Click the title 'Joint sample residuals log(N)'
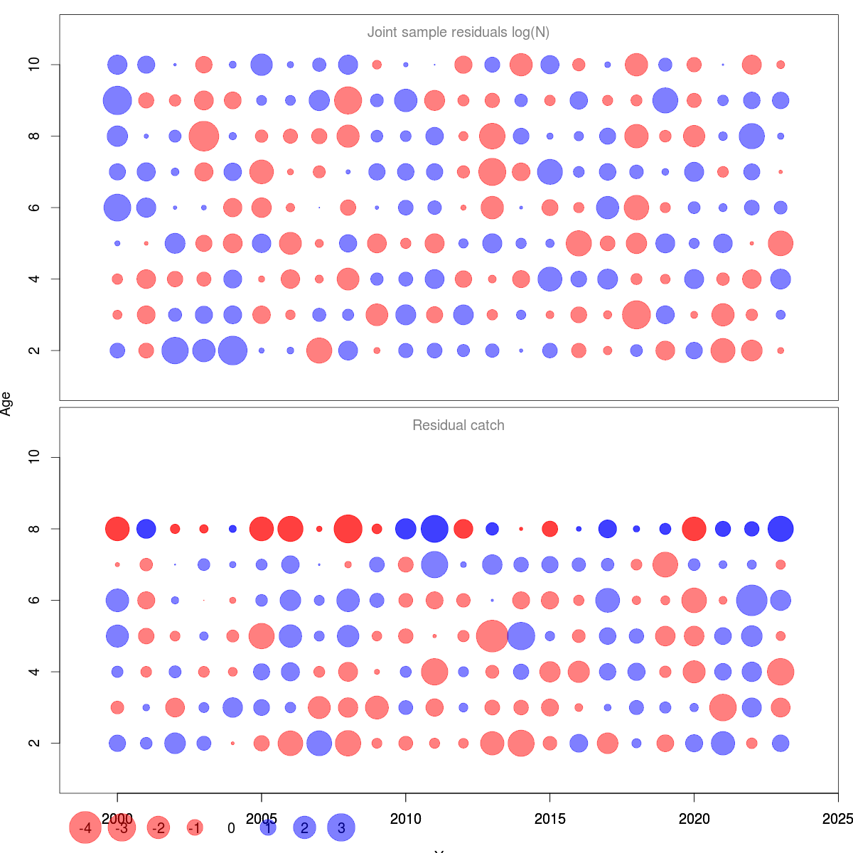coord(458,33)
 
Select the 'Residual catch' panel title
coord(458,426)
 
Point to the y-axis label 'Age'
coord(6,404)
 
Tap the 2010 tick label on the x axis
coord(405,819)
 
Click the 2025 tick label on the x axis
coord(837,819)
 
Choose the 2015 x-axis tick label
coord(549,819)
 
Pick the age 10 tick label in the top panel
coord(34,65)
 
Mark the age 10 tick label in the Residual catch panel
coord(34,457)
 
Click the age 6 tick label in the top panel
coord(34,208)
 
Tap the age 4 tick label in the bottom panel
coord(34,672)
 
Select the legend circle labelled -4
coord(85,828)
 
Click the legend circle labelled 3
coord(341,828)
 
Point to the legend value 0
coord(231,828)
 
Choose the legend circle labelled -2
coord(159,828)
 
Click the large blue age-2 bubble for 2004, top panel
coord(232,350)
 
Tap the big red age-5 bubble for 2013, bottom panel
coord(492,636)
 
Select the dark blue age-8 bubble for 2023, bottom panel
coord(780,529)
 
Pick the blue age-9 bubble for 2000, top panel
coord(117,100)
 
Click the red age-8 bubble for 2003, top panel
coord(204,136)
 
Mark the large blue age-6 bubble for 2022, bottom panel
coord(751,600)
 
